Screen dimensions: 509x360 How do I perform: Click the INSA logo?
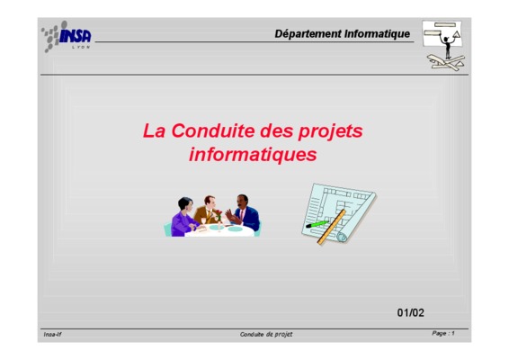pyautogui.click(x=67, y=36)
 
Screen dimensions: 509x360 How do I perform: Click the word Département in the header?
pyautogui.click(x=308, y=34)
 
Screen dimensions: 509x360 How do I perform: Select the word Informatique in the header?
pyautogui.click(x=377, y=34)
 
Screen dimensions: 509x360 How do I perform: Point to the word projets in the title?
pyautogui.click(x=330, y=132)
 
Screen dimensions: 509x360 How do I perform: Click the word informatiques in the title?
pyautogui.click(x=253, y=155)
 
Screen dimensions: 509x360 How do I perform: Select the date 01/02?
pyautogui.click(x=411, y=312)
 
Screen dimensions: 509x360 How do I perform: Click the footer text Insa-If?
pyautogui.click(x=52, y=334)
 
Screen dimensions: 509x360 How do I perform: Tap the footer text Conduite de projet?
pyautogui.click(x=266, y=334)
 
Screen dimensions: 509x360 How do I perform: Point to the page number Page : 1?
pyautogui.click(x=443, y=333)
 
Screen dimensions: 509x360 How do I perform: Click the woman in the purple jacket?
pyautogui.click(x=183, y=218)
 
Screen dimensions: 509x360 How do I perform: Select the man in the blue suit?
pyautogui.click(x=243, y=212)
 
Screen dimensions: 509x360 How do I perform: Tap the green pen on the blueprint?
pyautogui.click(x=317, y=224)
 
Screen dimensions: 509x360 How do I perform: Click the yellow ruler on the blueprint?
pyautogui.click(x=332, y=227)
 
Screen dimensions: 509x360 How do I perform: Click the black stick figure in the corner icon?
pyautogui.click(x=447, y=46)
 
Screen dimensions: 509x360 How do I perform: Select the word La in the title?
pyautogui.click(x=154, y=130)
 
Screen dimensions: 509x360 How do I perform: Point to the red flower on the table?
pyautogui.click(x=219, y=214)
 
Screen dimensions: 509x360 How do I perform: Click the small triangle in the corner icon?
pyautogui.click(x=457, y=34)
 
